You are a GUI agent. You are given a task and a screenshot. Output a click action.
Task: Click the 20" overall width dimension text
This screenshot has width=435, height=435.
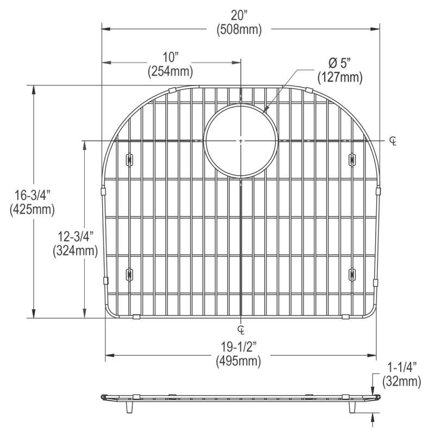coord(239,16)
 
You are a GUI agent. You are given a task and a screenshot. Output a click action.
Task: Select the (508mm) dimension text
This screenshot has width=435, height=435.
coord(239,29)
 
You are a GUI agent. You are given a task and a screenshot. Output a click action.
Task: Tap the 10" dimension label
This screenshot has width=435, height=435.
coord(170,58)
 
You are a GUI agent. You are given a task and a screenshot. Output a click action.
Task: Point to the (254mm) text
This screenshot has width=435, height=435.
coord(170,71)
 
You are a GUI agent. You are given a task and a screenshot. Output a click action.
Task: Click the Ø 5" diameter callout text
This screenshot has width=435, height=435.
coord(339,63)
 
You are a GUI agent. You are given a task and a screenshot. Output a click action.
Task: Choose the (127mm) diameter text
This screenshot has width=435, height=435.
coord(340,77)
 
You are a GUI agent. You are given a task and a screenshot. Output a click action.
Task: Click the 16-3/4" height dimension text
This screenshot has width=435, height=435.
coord(32,195)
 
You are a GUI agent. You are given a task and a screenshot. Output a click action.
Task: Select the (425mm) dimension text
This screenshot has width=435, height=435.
coord(32,209)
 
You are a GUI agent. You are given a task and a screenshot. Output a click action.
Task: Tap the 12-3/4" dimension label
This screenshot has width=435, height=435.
coord(76,237)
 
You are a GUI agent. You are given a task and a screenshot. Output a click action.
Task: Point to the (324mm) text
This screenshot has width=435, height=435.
coord(76,251)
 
